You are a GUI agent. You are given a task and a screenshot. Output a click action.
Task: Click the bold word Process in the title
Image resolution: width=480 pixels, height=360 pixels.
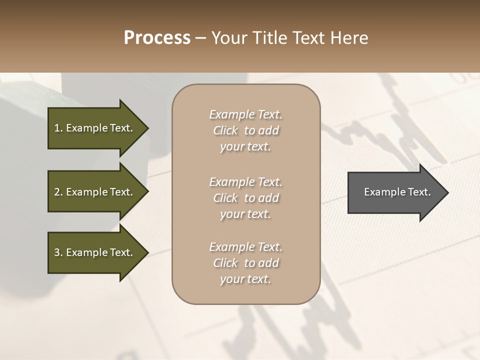157,38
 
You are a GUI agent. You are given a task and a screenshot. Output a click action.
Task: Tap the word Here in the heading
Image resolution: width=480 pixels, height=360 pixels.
348,38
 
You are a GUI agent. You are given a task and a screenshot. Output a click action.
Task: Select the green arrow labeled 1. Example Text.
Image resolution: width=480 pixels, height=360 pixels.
95,128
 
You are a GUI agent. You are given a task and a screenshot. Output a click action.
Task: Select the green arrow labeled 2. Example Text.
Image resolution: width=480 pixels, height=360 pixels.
95,192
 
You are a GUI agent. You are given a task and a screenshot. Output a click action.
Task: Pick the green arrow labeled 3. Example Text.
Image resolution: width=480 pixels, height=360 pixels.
95,252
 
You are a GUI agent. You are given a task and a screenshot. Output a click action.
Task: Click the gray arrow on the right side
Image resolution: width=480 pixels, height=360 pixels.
395,192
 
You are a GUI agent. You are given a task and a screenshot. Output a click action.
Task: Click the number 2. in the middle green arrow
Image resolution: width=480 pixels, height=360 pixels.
58,192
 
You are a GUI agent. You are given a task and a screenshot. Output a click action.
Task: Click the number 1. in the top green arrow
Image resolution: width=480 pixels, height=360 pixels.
58,128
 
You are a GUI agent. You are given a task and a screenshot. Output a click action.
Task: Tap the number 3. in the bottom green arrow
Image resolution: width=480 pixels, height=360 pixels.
58,252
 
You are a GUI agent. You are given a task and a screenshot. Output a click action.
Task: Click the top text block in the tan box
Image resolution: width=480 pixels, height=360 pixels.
245,130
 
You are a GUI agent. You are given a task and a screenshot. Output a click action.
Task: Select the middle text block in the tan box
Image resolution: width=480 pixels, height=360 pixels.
245,197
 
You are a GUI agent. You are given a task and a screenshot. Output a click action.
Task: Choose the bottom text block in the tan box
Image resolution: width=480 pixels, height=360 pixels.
245,263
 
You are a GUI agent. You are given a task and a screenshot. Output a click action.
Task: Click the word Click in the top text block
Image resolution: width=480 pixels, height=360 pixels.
225,130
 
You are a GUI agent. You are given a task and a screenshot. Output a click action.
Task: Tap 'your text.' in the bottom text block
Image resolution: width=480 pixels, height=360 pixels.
245,279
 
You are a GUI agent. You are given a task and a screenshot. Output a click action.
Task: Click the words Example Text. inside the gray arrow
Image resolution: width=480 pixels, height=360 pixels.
397,192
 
